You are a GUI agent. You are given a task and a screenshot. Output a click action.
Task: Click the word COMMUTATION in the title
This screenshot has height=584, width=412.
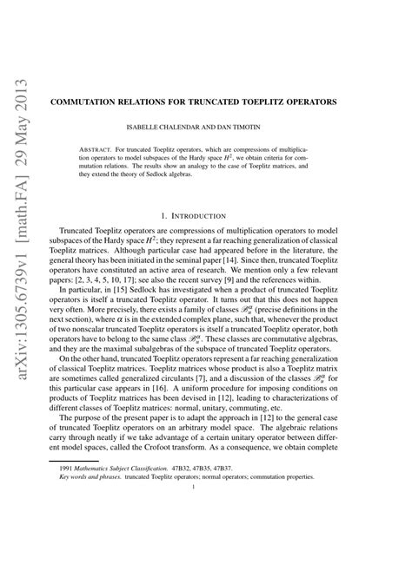coord(124,102)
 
